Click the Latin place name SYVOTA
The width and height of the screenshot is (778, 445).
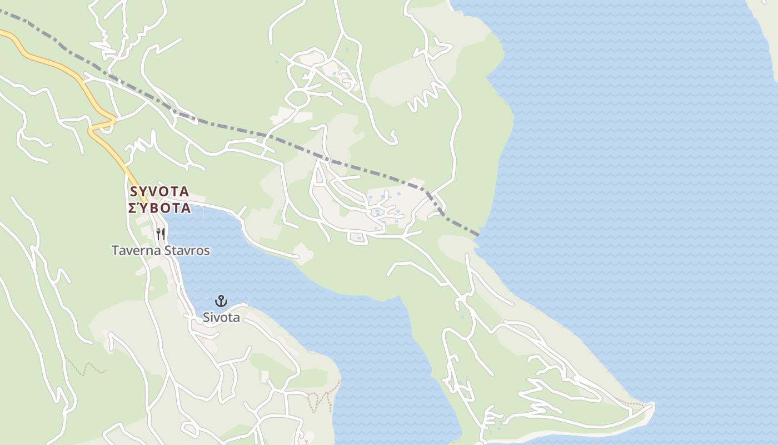pyautogui.click(x=159, y=192)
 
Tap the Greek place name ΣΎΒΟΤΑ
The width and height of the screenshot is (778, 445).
pyautogui.click(x=159, y=209)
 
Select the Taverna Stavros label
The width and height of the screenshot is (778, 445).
pyautogui.click(x=161, y=251)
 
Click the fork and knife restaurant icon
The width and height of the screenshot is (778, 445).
pyautogui.click(x=161, y=234)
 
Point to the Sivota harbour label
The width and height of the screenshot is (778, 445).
pyautogui.click(x=221, y=318)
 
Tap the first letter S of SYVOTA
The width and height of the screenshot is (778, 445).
pyautogui.click(x=133, y=192)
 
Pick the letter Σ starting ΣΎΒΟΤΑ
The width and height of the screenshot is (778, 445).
pyautogui.click(x=133, y=209)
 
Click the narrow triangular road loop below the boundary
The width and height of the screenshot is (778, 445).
pyautogui.click(x=319, y=175)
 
